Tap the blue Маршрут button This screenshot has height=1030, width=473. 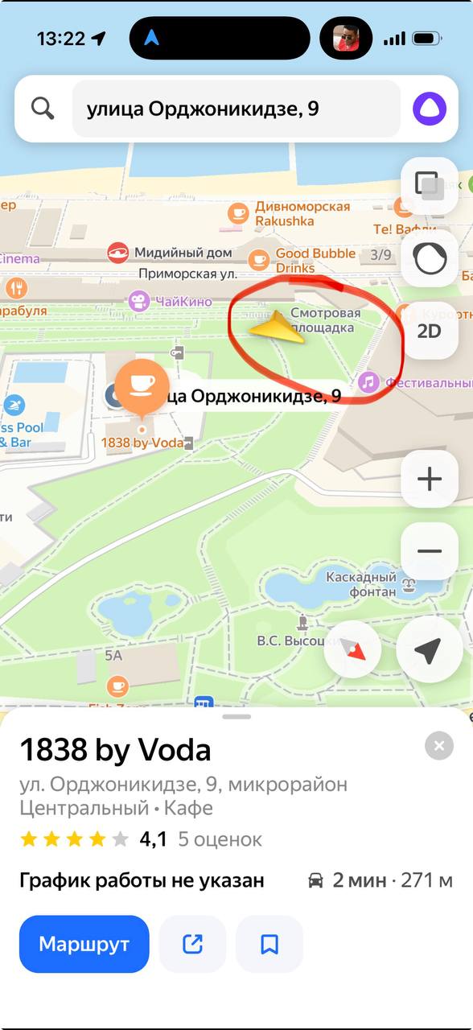coord(84,944)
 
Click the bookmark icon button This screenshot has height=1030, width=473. coord(269,944)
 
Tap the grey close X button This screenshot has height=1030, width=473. coord(438,746)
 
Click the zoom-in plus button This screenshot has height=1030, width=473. coord(430,480)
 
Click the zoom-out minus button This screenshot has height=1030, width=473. coord(430,551)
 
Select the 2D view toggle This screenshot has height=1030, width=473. coord(429,331)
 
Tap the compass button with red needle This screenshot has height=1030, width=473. coord(352,650)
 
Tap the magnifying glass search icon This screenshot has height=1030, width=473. coord(43,109)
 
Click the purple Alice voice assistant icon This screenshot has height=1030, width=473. coord(430,109)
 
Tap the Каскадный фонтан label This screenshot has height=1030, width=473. coord(361,585)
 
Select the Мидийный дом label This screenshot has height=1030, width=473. coord(183,253)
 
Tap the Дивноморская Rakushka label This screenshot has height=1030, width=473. coord(302,213)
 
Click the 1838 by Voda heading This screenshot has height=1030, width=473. coord(115,750)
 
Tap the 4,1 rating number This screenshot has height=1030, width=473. coord(153,839)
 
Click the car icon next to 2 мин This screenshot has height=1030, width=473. coord(316,880)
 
